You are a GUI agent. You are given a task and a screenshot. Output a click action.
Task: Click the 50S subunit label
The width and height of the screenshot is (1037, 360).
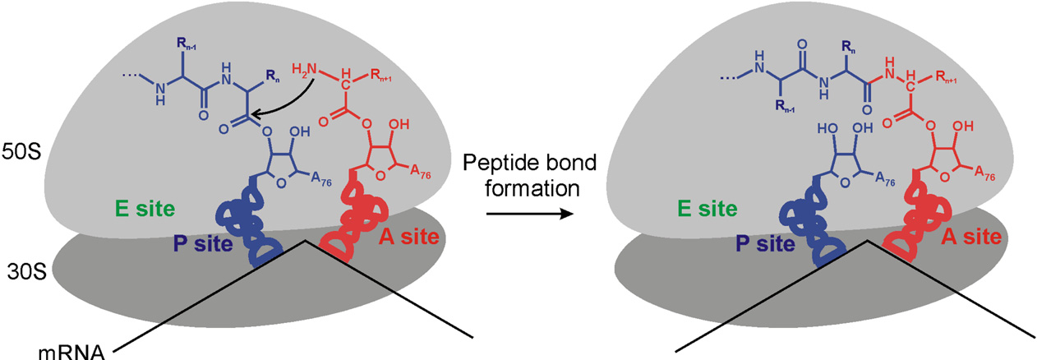pyautogui.click(x=21, y=152)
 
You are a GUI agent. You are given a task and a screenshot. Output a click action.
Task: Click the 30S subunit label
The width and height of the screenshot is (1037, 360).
pyautogui.click(x=27, y=272)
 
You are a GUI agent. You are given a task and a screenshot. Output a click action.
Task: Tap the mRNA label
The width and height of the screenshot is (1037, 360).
pyautogui.click(x=71, y=353)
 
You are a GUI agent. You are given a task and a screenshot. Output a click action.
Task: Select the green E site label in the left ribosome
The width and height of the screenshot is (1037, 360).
pyautogui.click(x=145, y=209)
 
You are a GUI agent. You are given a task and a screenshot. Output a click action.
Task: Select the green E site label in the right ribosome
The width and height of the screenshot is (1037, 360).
pyautogui.click(x=707, y=209)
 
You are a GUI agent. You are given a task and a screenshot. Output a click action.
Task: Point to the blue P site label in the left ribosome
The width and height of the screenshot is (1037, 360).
pyautogui.click(x=203, y=244)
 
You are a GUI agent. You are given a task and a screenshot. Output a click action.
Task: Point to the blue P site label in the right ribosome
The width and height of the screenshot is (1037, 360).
pyautogui.click(x=765, y=244)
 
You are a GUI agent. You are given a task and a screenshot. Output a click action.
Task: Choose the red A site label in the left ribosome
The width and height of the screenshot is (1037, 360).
pyautogui.click(x=408, y=237)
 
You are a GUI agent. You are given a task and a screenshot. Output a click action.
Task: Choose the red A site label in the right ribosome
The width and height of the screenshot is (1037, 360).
pyautogui.click(x=971, y=237)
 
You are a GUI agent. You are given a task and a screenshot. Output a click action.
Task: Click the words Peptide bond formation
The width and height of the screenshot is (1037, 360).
pyautogui.click(x=530, y=176)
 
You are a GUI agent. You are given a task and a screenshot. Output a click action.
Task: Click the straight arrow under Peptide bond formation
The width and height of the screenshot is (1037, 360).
pyautogui.click(x=530, y=214)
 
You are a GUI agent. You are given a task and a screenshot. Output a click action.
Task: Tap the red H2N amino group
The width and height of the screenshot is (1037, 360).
pyautogui.click(x=304, y=70)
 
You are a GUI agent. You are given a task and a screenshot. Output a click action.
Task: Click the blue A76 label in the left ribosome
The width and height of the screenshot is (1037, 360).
pyautogui.click(x=320, y=179)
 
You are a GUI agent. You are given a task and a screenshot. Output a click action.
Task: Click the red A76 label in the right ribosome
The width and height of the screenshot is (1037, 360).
pyautogui.click(x=984, y=173)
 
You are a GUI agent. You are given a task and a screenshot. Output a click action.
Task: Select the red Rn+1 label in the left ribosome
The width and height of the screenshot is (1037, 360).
pyautogui.click(x=381, y=76)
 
